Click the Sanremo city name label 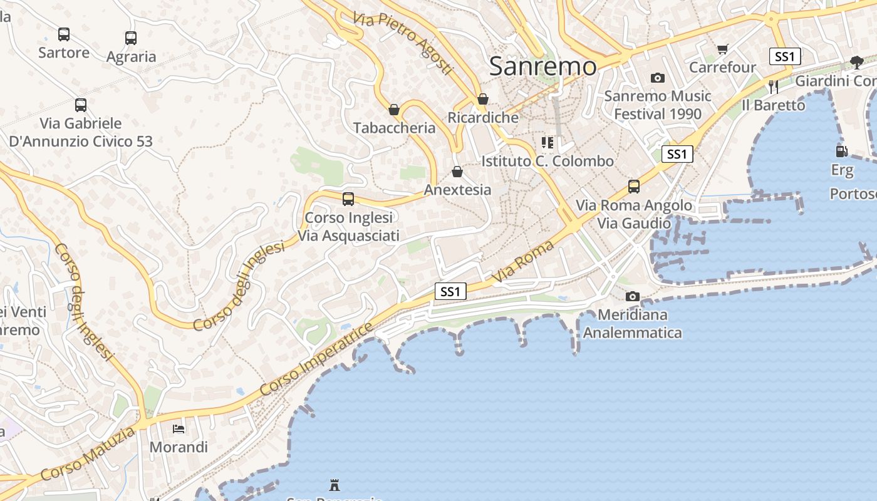[x=542, y=66]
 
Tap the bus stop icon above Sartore [x=64, y=34]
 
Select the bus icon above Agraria [x=131, y=38]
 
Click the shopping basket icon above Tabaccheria [x=394, y=110]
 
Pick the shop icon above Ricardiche [x=483, y=100]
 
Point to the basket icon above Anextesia [x=457, y=172]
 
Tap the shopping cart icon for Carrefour [x=723, y=49]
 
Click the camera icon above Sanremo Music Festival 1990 [x=657, y=78]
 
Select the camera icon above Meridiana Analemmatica [x=633, y=296]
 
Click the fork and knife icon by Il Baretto [x=774, y=87]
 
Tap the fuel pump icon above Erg [x=841, y=151]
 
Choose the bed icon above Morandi [x=179, y=429]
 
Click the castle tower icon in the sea [x=335, y=485]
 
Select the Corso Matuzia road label [x=88, y=454]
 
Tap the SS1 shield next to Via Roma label [x=450, y=291]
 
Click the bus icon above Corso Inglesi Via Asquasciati [x=348, y=199]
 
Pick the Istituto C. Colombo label [x=547, y=161]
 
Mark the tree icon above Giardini [x=857, y=62]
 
